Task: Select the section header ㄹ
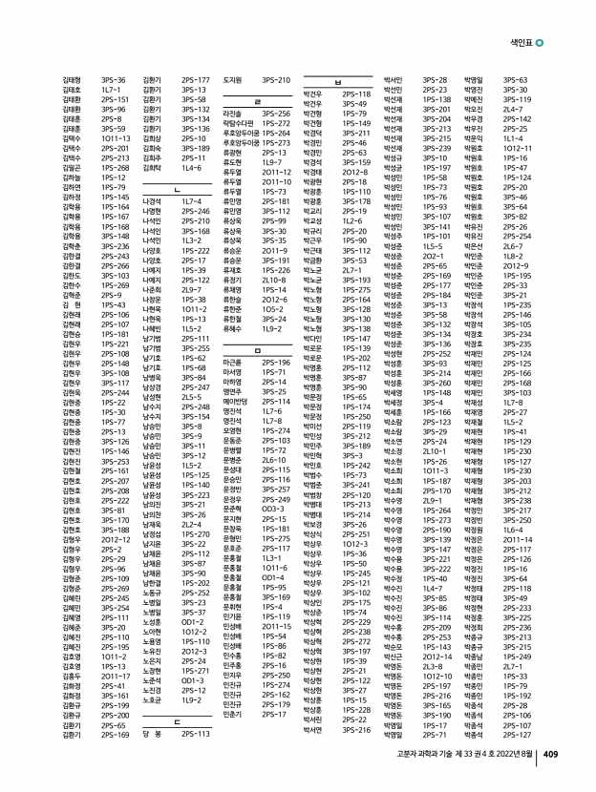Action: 258,99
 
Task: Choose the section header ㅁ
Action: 258,351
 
